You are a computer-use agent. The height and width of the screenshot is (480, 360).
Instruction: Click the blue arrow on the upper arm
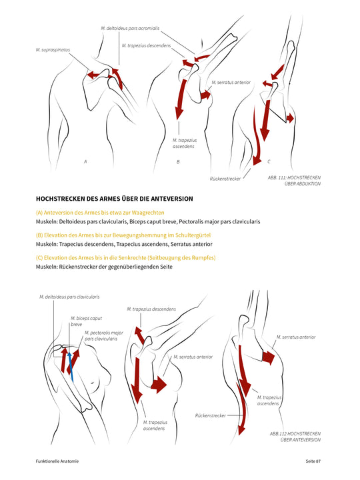click(x=70, y=366)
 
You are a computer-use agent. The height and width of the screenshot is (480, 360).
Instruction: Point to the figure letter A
click(x=85, y=161)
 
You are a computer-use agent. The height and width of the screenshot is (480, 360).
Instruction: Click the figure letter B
click(x=178, y=162)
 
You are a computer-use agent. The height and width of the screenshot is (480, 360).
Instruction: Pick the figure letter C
click(x=269, y=161)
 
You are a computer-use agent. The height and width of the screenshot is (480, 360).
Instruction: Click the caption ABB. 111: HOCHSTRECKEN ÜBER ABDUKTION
click(x=294, y=181)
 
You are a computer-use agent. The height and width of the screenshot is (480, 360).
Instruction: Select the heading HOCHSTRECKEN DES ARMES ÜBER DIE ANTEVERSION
click(x=114, y=198)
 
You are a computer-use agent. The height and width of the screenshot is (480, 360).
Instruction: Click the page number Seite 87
click(x=310, y=461)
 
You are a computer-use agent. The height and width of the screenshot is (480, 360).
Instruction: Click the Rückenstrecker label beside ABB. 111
click(x=225, y=179)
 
